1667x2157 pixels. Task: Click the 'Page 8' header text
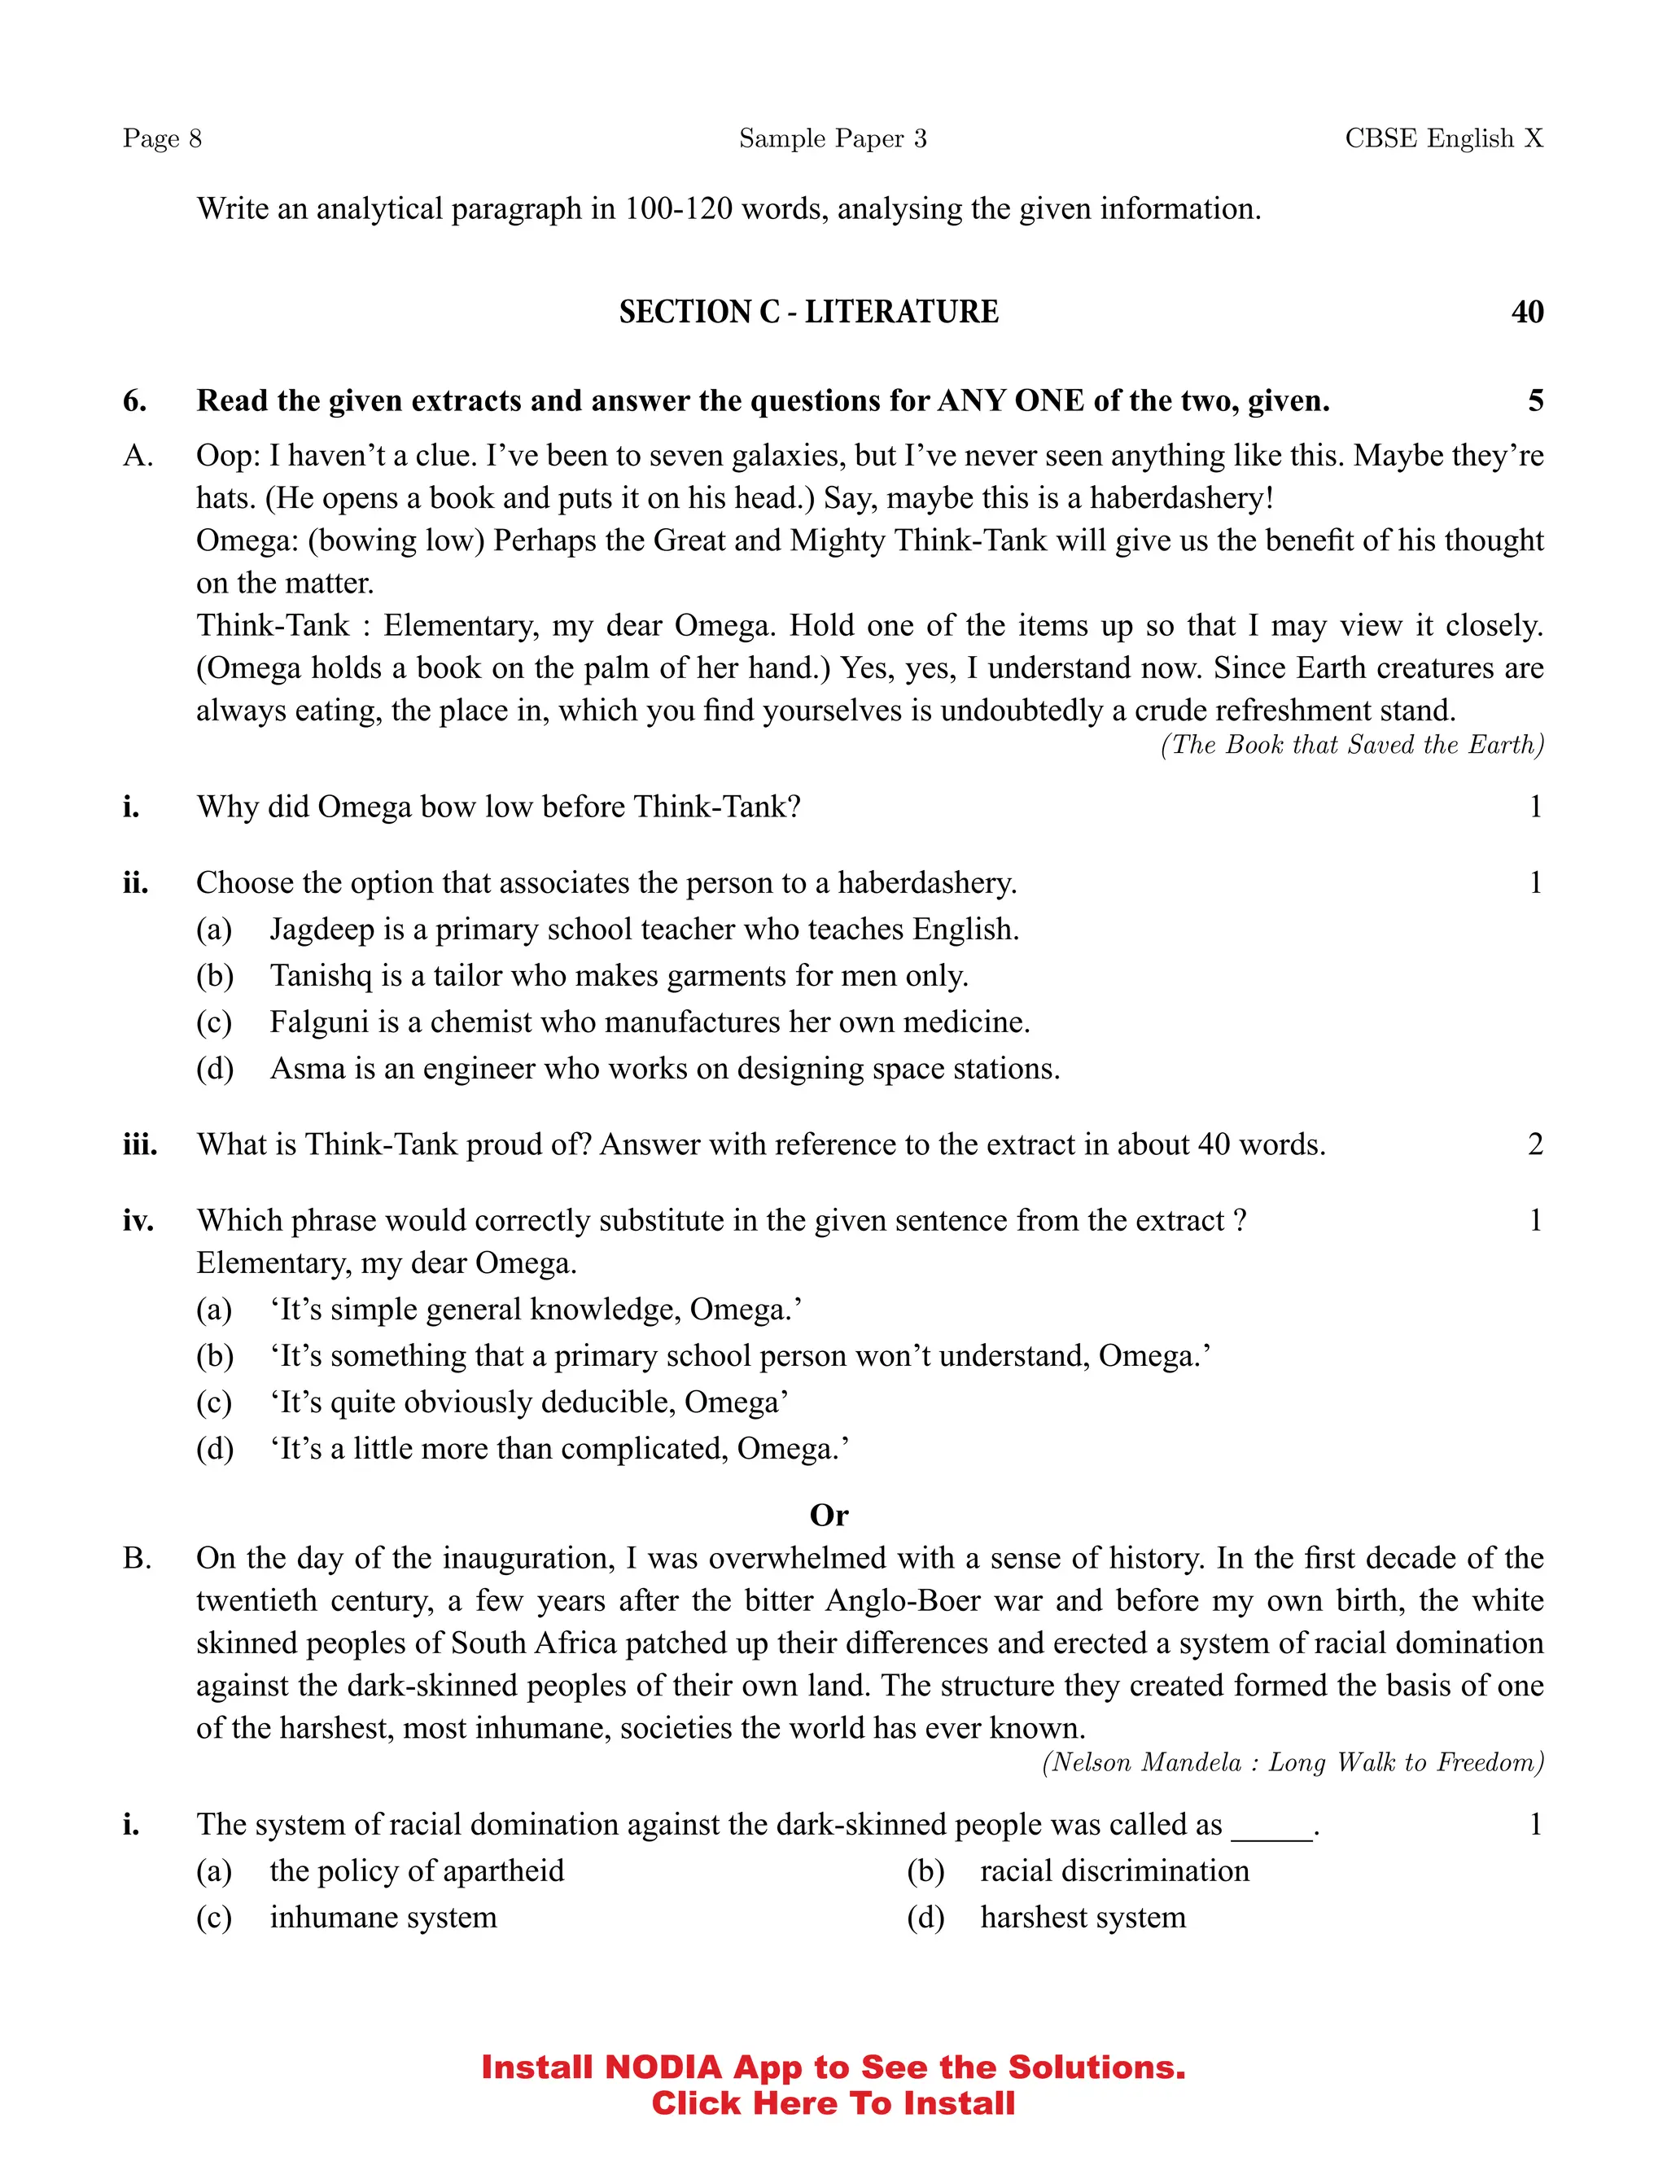162,138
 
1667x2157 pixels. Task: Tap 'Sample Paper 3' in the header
833,138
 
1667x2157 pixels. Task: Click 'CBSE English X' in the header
1443,138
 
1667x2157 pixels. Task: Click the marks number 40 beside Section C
1527,312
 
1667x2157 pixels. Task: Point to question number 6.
134,401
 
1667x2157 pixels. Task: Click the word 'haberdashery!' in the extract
1181,498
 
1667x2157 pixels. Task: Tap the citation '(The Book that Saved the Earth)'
1352,745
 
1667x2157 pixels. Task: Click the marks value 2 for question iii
1534,1144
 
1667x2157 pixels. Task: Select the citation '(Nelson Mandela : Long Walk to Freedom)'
1293,1763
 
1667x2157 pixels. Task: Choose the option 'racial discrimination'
1114,1871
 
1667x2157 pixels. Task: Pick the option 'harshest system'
1083,1918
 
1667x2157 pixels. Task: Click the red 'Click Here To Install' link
833,2103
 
